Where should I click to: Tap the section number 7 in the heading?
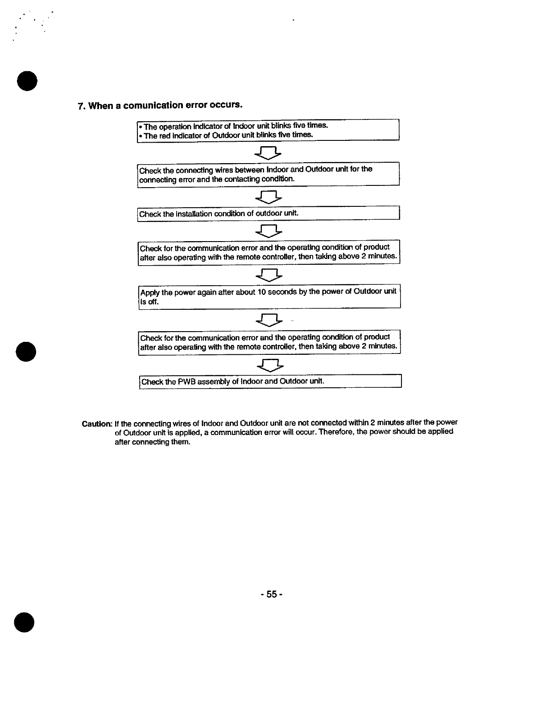[80, 106]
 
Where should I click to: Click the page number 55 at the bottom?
[272, 594]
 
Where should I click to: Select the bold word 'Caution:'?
[97, 423]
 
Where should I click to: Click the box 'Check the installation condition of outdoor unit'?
[268, 214]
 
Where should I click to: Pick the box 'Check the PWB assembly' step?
[270, 382]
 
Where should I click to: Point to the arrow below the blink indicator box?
[268, 153]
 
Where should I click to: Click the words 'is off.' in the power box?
[149, 302]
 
